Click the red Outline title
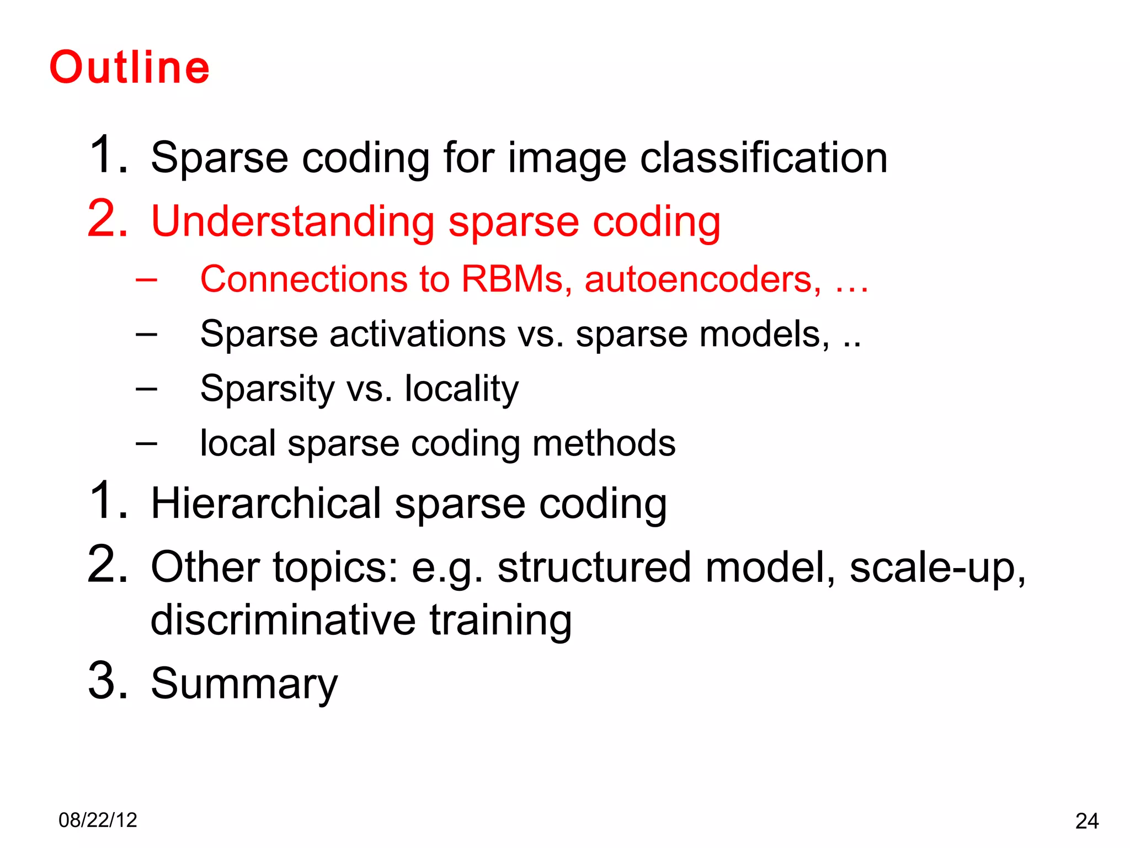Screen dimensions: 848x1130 [130, 67]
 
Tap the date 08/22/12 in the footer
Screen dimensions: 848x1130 [98, 820]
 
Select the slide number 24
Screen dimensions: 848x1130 [1086, 821]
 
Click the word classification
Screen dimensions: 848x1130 [764, 158]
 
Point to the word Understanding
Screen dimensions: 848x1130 [292, 222]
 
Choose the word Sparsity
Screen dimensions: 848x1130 [267, 389]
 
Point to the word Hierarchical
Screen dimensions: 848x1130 [266, 504]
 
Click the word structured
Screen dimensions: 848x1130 [594, 568]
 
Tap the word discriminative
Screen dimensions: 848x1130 [282, 620]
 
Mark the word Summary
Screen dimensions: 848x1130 [244, 683]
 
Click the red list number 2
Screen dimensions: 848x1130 [108, 220]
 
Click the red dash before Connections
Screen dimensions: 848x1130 [146, 280]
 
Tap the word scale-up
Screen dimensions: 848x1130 [937, 568]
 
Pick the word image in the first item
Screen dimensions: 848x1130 [567, 159]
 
